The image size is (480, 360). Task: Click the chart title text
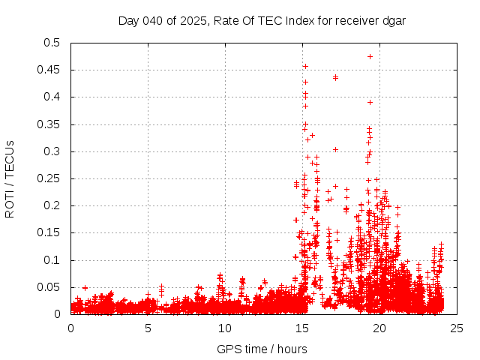[262, 21]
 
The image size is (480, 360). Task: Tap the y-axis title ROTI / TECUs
[10, 179]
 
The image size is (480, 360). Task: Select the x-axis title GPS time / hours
[262, 349]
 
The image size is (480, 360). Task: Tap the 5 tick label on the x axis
[148, 328]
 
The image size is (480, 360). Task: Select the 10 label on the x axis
[225, 328]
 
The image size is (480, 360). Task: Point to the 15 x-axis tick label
[302, 328]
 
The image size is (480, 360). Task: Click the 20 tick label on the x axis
[379, 328]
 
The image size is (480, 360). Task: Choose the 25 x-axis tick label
[457, 328]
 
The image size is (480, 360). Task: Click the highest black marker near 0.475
[370, 56]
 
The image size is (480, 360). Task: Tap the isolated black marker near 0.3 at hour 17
[335, 149]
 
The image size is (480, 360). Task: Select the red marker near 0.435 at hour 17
[335, 77]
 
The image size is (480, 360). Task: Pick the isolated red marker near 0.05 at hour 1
[85, 287]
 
